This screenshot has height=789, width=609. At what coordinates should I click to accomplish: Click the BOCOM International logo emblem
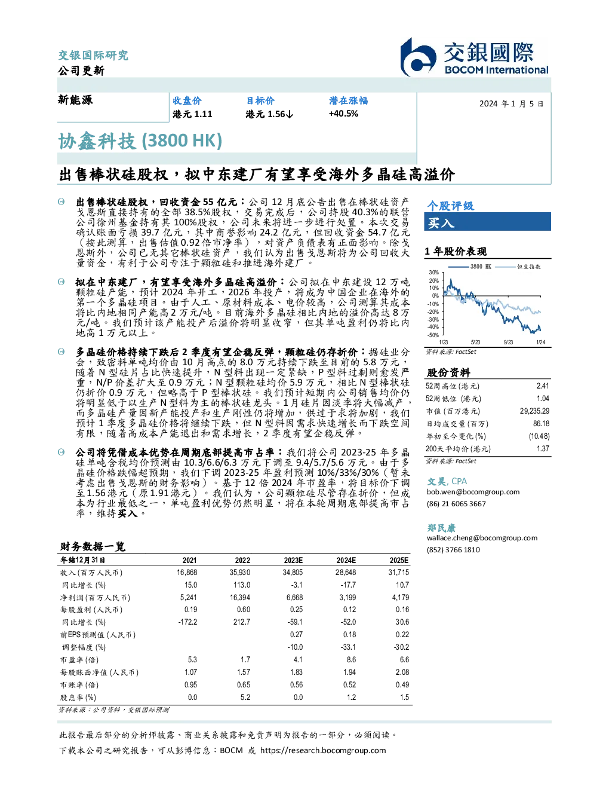click(418, 57)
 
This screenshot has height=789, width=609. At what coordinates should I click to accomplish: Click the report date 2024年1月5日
click(511, 104)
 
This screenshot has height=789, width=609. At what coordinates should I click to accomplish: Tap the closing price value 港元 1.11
click(192, 114)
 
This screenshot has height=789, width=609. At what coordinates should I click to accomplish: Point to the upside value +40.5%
click(343, 114)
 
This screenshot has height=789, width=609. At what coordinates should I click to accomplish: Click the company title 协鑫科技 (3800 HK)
click(140, 141)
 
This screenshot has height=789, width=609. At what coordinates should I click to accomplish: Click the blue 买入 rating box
click(487, 222)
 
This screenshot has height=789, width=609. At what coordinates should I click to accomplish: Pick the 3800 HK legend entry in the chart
click(470, 267)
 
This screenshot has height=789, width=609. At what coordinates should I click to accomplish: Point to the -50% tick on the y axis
click(433, 335)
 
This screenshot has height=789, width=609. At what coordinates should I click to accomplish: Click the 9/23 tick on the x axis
click(508, 342)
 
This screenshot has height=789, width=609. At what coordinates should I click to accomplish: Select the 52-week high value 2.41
click(543, 386)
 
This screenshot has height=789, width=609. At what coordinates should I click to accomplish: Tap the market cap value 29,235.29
click(534, 411)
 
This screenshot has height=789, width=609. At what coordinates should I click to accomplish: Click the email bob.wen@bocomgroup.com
click(473, 492)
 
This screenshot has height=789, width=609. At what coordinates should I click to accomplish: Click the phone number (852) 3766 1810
click(453, 550)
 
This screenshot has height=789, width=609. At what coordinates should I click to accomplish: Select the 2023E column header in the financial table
click(293, 560)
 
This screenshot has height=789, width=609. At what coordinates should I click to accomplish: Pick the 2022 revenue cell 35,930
click(240, 573)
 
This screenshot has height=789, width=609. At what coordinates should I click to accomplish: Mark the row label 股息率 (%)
click(78, 698)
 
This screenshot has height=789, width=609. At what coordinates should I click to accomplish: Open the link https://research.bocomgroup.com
click(323, 751)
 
